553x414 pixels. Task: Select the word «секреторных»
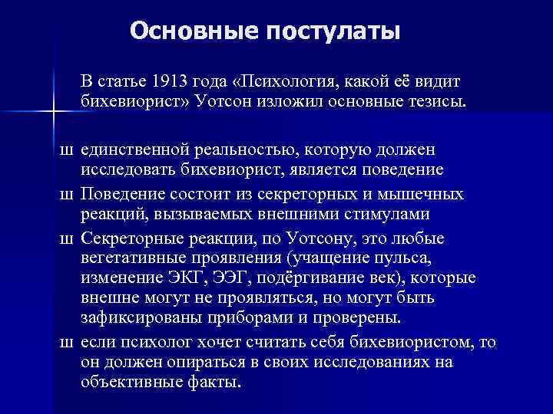[x=307, y=191]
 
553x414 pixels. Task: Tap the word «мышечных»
[x=422, y=191]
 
